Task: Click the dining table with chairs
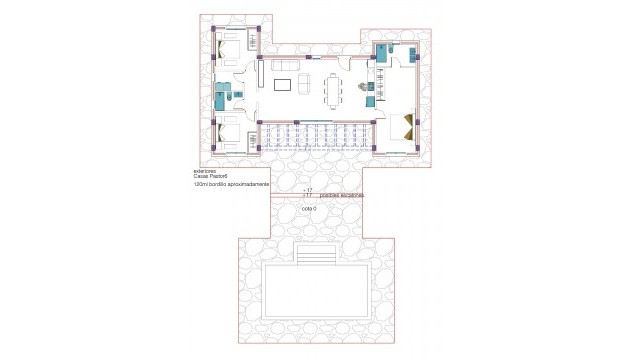(333, 89)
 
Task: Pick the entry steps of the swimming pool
(315, 258)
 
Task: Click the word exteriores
(204, 171)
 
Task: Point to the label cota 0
(308, 209)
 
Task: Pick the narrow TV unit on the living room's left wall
(260, 75)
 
